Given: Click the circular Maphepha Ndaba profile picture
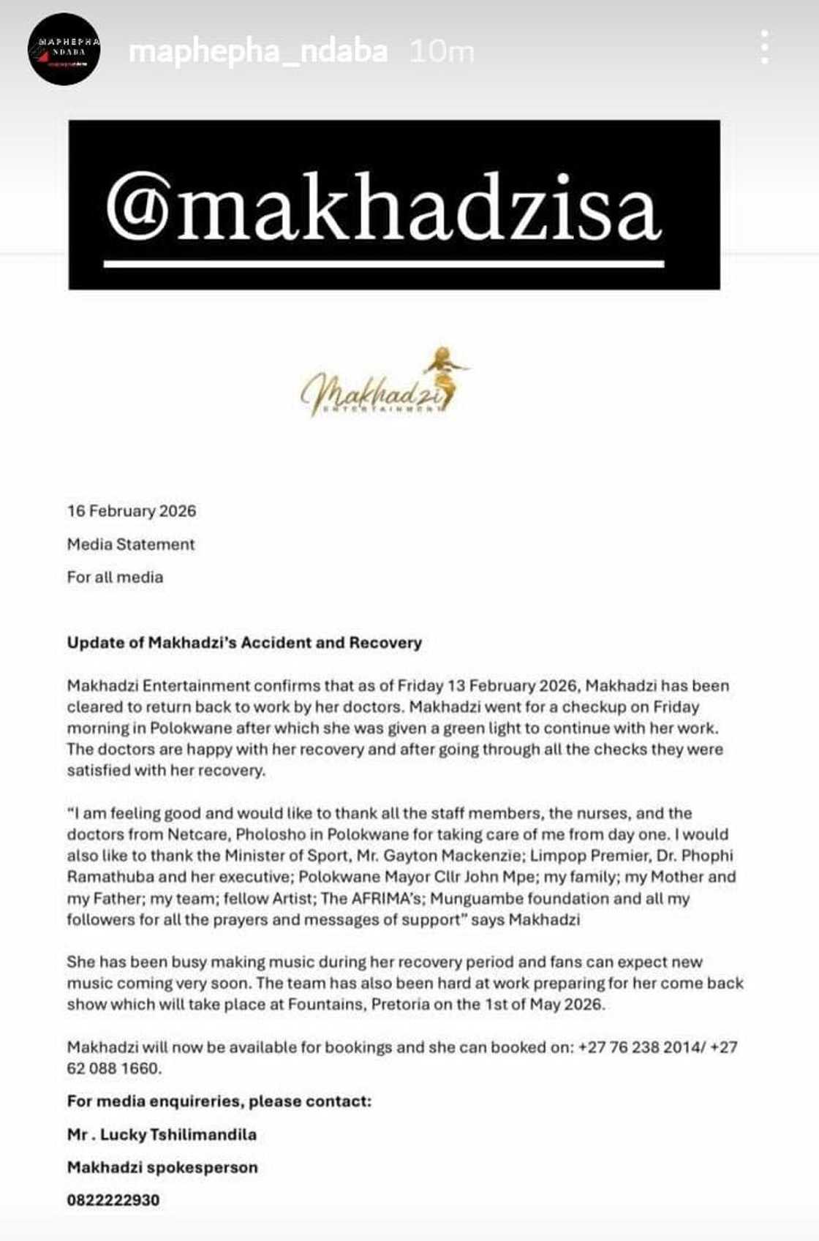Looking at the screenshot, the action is click(x=64, y=49).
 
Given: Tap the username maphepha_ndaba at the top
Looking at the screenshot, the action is click(x=257, y=52).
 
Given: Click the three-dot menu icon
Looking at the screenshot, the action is click(x=764, y=48).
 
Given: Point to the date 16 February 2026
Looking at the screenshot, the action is click(x=132, y=511).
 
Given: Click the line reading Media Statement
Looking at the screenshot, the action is click(x=131, y=544).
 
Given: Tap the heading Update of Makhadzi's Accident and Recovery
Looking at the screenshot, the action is click(x=244, y=643).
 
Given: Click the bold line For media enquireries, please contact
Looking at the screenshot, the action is click(x=219, y=1101).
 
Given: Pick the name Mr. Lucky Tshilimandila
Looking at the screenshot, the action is click(x=162, y=1135).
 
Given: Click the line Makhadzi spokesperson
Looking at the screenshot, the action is click(x=162, y=1168).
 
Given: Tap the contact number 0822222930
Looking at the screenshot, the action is click(x=113, y=1200).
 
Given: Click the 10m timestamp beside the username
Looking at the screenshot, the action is click(x=441, y=52).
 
